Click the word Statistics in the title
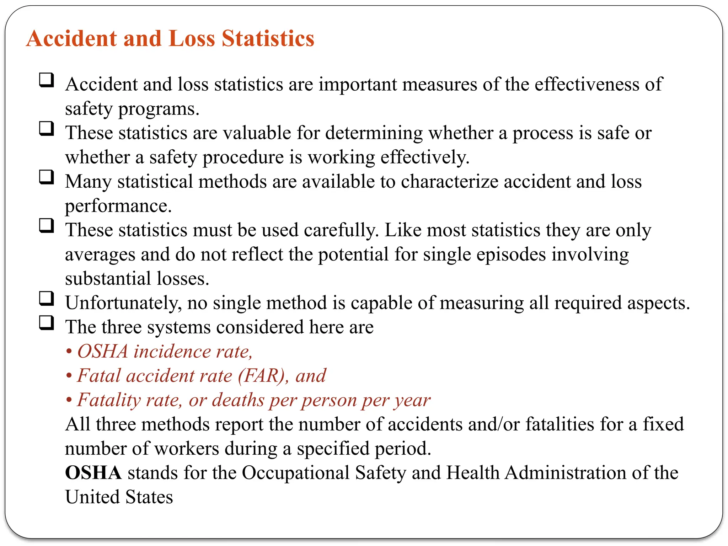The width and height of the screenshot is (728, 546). pos(268,38)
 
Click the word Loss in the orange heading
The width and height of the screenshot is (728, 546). pos(192,38)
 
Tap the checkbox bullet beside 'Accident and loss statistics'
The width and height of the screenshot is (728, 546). pos(47,80)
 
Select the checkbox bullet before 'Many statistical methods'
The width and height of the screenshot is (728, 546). pos(47,177)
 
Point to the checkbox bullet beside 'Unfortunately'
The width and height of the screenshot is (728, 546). pos(47,299)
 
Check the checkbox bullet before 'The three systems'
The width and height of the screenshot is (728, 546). pos(47,323)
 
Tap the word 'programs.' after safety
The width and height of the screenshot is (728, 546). pos(159,109)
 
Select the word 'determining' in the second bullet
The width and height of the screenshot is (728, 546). pos(374,133)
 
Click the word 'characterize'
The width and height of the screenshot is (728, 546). pos(450,182)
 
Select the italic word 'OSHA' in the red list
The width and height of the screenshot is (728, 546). pos(103,352)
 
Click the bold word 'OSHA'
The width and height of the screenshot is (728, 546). pos(93,473)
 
